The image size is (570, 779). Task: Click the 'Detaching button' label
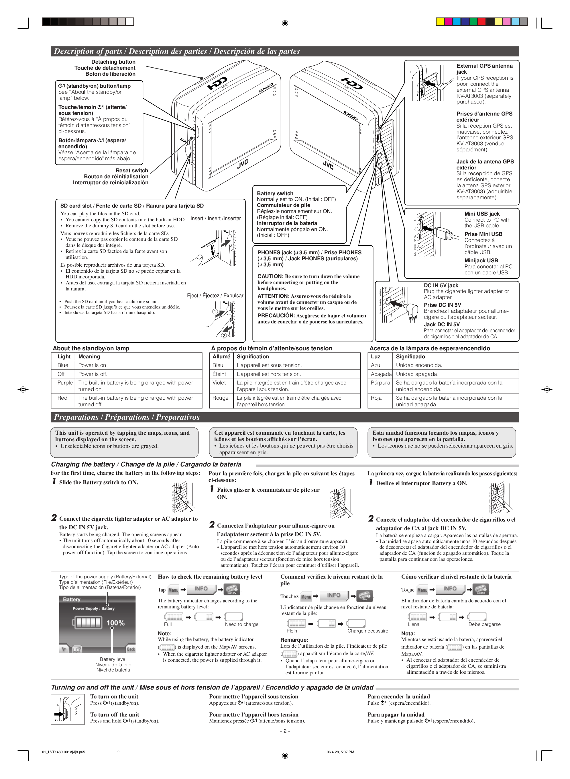(113, 62)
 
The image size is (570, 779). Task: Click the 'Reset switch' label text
(132, 171)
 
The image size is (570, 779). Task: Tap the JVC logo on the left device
(243, 164)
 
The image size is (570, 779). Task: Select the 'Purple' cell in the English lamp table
(65, 382)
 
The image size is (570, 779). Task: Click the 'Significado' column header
(410, 357)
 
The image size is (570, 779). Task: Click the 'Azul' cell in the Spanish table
(376, 365)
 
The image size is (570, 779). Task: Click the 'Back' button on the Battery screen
(131, 649)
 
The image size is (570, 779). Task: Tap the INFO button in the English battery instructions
(201, 589)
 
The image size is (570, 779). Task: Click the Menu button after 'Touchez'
(306, 597)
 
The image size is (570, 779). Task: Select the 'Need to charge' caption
(241, 624)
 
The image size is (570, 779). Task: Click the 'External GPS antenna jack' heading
(484, 69)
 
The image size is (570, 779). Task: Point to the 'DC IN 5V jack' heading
(441, 285)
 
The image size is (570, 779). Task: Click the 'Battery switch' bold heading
(275, 193)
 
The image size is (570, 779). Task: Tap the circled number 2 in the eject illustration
(224, 335)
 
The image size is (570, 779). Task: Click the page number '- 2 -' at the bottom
(285, 731)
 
